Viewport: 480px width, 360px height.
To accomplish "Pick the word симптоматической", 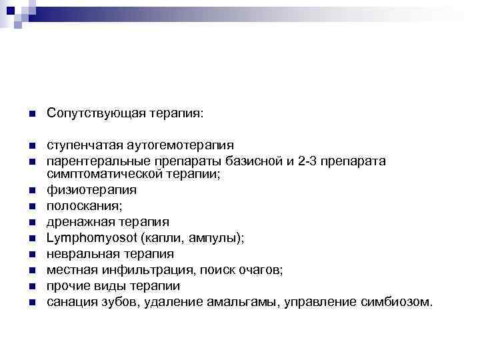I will point(99,174).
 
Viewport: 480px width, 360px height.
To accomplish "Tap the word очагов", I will point(260,270).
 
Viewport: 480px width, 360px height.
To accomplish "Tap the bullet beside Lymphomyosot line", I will point(31,238).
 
